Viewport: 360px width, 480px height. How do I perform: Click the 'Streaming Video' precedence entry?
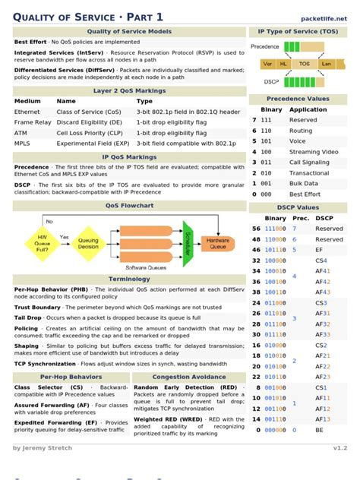coord(314,151)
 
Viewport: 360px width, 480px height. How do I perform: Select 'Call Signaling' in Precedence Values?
coord(309,162)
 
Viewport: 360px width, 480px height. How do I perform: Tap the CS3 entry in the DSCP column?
coord(321,302)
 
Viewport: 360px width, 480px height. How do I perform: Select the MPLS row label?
coord(23,142)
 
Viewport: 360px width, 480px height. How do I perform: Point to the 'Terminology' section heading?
coord(129,279)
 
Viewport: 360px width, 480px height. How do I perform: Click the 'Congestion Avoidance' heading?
coord(189,377)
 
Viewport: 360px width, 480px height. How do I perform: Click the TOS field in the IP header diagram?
coord(305,65)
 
